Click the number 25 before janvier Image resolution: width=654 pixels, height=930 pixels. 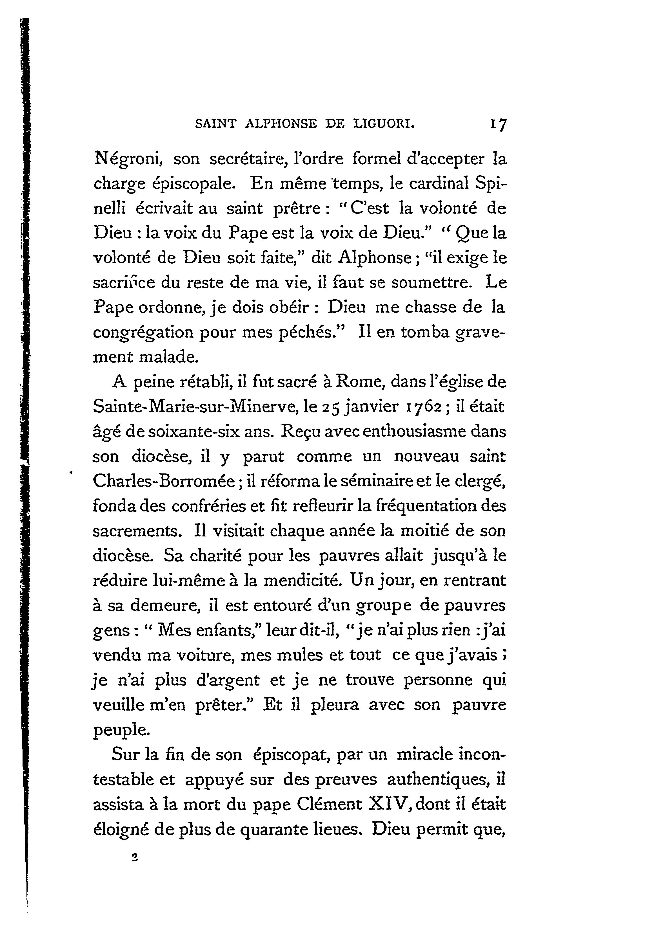[x=330, y=406]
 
